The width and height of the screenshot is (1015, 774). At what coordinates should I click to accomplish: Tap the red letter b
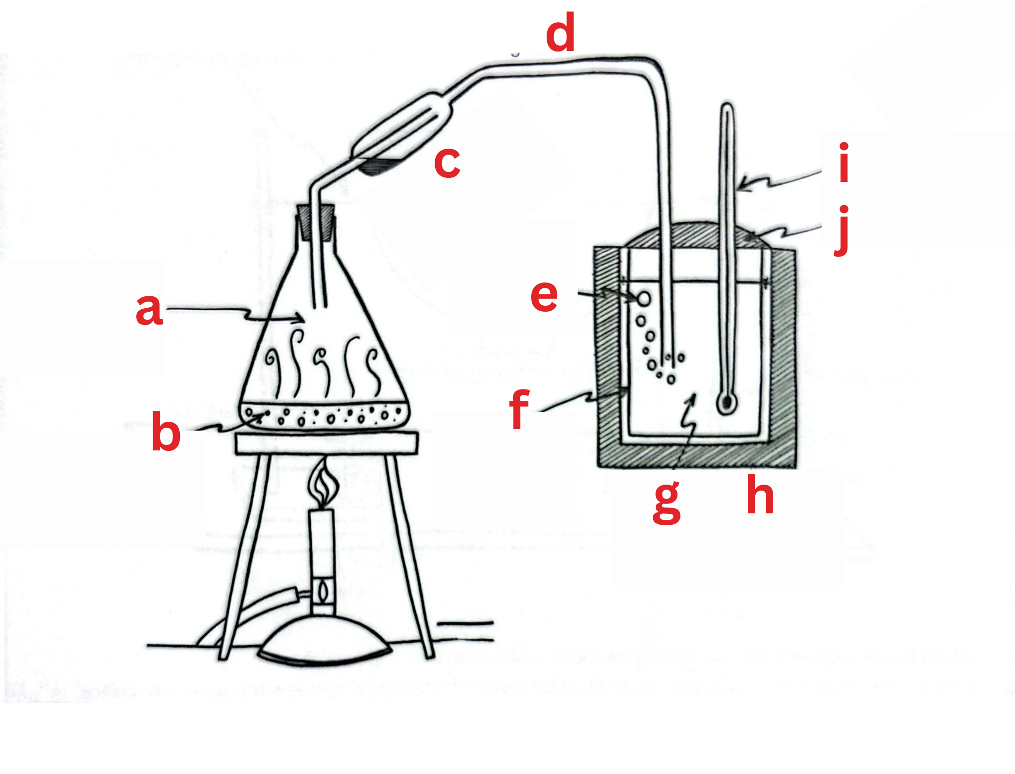pos(166,432)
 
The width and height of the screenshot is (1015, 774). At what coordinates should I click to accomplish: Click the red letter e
pos(544,296)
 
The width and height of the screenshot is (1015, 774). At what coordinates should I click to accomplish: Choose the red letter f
pos(519,409)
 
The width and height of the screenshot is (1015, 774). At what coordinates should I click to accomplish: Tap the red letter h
pos(760,495)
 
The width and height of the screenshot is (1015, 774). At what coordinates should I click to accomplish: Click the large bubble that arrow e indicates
pos(644,298)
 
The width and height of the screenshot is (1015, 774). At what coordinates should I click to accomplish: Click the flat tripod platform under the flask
pos(327,442)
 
